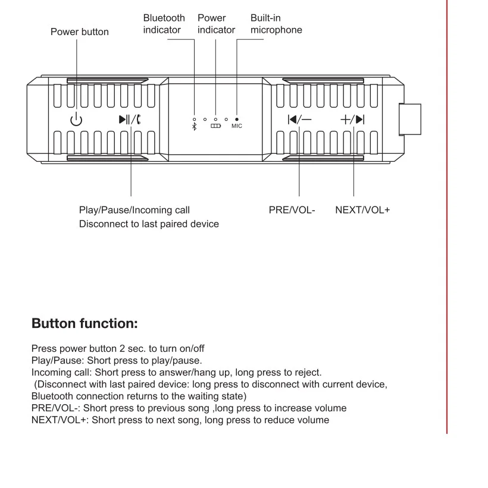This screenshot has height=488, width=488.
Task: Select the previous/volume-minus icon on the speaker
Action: click(x=299, y=119)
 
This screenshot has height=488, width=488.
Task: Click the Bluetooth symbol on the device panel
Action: click(x=194, y=127)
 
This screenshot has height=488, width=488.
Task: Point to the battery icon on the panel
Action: click(x=215, y=126)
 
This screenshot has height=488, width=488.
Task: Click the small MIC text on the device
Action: click(x=237, y=126)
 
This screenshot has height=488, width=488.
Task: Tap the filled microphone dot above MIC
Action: click(x=237, y=119)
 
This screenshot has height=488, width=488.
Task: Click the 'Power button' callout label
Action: click(x=80, y=32)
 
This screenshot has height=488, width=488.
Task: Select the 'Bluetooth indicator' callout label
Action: click(x=164, y=24)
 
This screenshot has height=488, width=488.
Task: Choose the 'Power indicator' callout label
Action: click(x=216, y=24)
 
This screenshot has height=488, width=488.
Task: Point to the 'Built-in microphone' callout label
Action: click(x=276, y=24)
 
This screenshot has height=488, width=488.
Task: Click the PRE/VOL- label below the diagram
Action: click(x=292, y=210)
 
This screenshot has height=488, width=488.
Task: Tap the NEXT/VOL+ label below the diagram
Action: click(x=362, y=210)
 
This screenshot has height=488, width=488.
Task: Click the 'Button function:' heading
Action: click(x=85, y=324)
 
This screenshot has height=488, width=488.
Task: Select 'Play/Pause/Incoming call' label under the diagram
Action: click(x=134, y=210)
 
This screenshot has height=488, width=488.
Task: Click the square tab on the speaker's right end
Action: click(x=409, y=119)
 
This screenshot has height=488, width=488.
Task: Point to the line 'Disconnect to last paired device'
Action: click(x=149, y=224)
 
